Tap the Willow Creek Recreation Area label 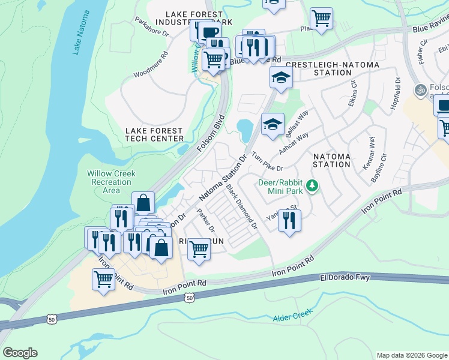click(111, 182)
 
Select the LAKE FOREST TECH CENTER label click(154, 134)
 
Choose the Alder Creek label click(293, 318)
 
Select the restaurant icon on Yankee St click(289, 221)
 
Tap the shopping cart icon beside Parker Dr click(199, 249)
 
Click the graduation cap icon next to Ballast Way click(273, 125)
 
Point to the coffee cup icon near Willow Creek click(209, 32)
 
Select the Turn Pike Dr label click(267, 161)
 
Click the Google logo click(20, 353)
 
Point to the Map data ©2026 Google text click(411, 355)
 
